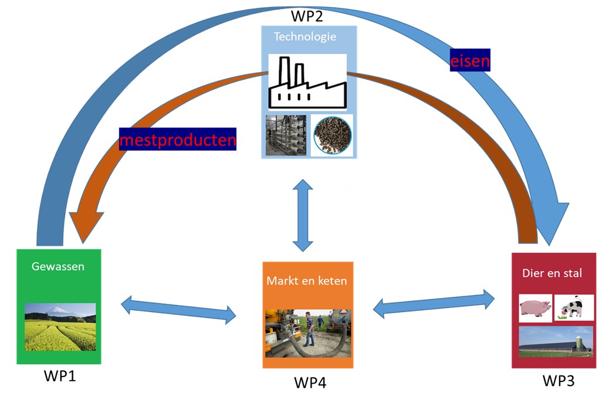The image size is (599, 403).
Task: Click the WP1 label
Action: tap(60, 376)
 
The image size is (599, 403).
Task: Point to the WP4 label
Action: tap(309, 382)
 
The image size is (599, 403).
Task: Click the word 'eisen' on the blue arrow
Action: tap(470, 60)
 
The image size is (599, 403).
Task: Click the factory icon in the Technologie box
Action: tap(307, 82)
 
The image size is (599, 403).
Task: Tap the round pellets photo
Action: tap(331, 136)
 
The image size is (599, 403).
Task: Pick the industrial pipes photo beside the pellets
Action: tap(285, 136)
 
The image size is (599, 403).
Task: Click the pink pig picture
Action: tap(535, 309)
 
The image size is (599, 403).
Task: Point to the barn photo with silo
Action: tap(556, 342)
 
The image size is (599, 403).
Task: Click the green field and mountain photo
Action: tap(60, 327)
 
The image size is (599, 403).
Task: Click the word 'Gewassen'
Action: tap(57, 267)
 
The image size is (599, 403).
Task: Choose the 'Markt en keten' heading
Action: tap(307, 281)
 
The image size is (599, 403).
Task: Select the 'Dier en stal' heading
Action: tap(552, 273)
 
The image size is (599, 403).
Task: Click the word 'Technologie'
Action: tap(305, 37)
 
